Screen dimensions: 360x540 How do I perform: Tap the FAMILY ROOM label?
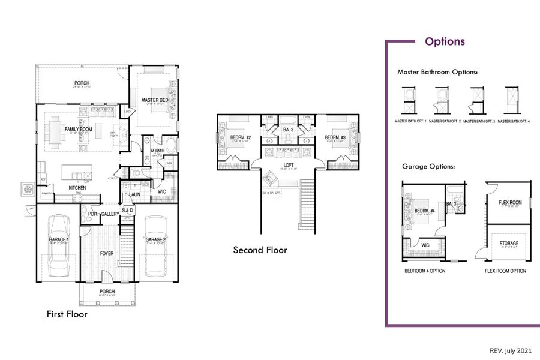pos(78,129)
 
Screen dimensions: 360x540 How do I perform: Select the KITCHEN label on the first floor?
pos(77,188)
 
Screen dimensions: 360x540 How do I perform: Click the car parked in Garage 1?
pos(59,243)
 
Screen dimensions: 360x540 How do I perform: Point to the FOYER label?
pos(106,253)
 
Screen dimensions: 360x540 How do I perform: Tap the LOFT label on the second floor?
pos(288,164)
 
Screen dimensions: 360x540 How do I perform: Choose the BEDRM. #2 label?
pos(240,137)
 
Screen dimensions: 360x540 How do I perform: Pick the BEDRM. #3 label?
pos(335,137)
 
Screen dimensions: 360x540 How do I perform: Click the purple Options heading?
pos(445,41)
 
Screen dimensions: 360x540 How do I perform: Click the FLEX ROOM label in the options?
pos(510,203)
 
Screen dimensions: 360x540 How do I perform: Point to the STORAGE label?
pos(509,243)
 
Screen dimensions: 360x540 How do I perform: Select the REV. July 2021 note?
pos(510,350)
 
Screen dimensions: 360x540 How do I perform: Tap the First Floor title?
pos(67,314)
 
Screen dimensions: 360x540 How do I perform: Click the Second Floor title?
pos(260,250)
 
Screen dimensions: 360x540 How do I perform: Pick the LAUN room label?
pos(134,194)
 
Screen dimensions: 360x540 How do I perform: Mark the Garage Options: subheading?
pos(428,166)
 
